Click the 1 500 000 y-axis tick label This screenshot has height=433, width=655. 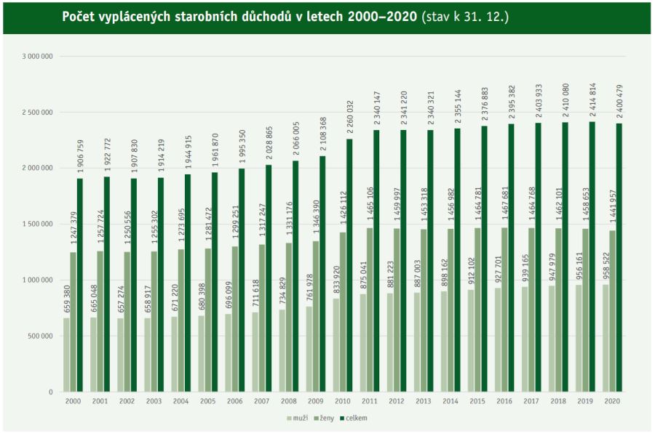coord(36,224)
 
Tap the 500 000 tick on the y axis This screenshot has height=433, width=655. coord(40,336)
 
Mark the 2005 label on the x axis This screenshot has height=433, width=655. coord(207,401)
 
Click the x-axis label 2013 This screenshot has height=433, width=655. coord(423,401)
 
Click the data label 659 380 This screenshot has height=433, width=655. coord(67,297)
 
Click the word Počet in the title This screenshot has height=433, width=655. coord(79,16)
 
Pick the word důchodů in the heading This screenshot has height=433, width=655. coord(259,16)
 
